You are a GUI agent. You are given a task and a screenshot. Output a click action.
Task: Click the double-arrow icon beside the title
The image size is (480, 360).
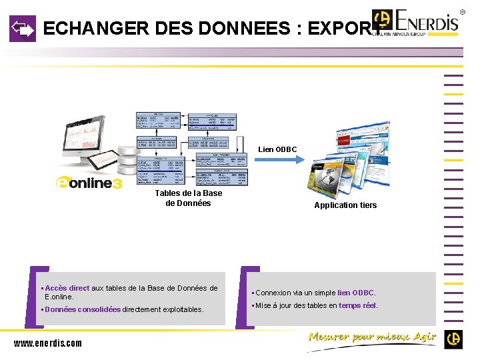pyautogui.click(x=22, y=29)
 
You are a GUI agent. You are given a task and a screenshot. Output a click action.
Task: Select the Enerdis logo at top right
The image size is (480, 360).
pyautogui.click(x=417, y=24)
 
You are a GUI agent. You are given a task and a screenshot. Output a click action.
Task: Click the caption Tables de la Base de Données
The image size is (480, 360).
pyautogui.click(x=188, y=198)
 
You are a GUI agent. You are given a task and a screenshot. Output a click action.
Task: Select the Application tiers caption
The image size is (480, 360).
pyautogui.click(x=345, y=205)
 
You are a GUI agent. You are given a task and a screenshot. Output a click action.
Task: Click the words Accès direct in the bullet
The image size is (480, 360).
pyautogui.click(x=67, y=289)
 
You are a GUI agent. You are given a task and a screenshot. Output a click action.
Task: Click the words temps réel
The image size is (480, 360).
pyautogui.click(x=357, y=305)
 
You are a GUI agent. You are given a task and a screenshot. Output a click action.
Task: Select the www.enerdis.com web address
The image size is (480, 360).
pyautogui.click(x=48, y=343)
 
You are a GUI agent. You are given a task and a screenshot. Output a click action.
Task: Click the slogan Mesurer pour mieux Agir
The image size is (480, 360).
pyautogui.click(x=372, y=337)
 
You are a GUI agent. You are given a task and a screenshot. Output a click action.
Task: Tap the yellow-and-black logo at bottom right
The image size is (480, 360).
pyautogui.click(x=454, y=339)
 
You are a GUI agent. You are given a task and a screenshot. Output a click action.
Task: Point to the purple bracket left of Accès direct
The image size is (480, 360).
pyautogui.click(x=30, y=297)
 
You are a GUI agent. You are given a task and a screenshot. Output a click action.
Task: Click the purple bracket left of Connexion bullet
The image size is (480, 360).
pyautogui.click(x=245, y=297)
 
